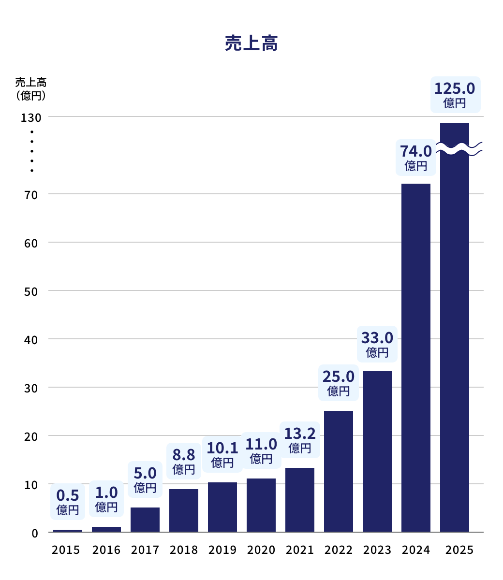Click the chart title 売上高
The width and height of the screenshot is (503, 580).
click(x=251, y=44)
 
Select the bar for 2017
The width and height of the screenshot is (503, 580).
click(x=145, y=520)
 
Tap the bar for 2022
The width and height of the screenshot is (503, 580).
click(x=339, y=471)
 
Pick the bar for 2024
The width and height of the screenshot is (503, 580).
click(x=416, y=358)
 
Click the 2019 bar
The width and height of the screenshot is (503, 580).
click(x=222, y=507)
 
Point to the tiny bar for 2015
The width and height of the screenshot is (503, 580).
click(x=68, y=531)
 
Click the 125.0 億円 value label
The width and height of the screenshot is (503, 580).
click(x=455, y=95)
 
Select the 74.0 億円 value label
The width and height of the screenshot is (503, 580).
click(x=416, y=158)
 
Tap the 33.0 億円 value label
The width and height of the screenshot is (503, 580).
click(x=377, y=344)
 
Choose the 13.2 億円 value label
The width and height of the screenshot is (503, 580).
click(x=300, y=440)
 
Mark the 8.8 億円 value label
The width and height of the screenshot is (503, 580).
click(x=184, y=461)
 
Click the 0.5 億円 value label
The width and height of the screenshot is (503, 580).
click(x=68, y=502)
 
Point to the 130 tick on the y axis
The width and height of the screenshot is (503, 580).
click(x=31, y=117)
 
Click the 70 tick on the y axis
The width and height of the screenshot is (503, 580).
click(x=31, y=194)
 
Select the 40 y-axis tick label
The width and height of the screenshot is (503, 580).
click(x=31, y=339)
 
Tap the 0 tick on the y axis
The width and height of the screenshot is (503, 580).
click(x=35, y=533)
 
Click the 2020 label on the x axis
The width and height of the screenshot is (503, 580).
click(x=261, y=550)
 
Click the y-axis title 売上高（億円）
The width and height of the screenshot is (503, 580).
click(x=30, y=89)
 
